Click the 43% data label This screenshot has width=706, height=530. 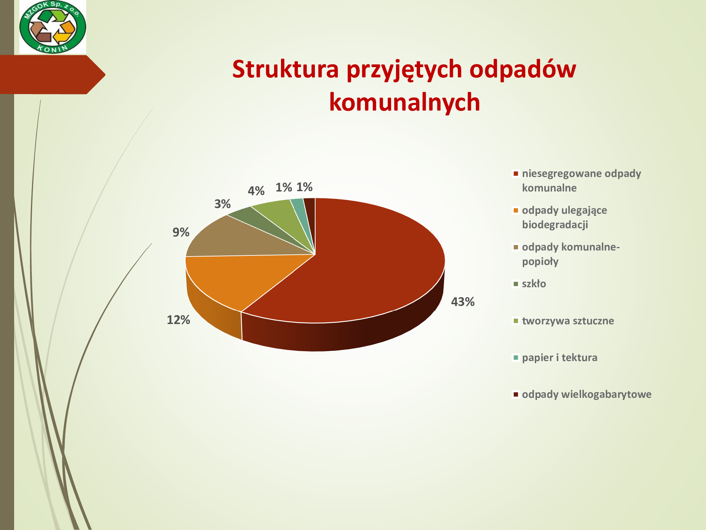[462, 302]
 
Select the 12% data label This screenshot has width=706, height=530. [178, 320]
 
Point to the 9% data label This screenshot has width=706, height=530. [181, 232]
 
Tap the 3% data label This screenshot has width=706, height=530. [222, 204]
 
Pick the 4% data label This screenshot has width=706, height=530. [256, 191]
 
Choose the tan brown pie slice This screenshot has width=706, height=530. [240, 238]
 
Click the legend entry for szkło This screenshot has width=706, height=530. [529, 284]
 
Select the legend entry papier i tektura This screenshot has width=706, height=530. [555, 358]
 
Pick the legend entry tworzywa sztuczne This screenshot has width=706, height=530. [563, 321]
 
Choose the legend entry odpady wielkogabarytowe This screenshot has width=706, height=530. [582, 394]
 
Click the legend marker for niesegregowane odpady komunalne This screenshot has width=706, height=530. [516, 173]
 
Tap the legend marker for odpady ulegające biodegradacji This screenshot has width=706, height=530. [516, 210]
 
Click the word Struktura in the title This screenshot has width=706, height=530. [286, 69]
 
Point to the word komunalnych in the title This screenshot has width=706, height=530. [405, 102]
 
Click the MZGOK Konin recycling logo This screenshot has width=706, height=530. [53, 27]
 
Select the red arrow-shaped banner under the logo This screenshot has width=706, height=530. [53, 75]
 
